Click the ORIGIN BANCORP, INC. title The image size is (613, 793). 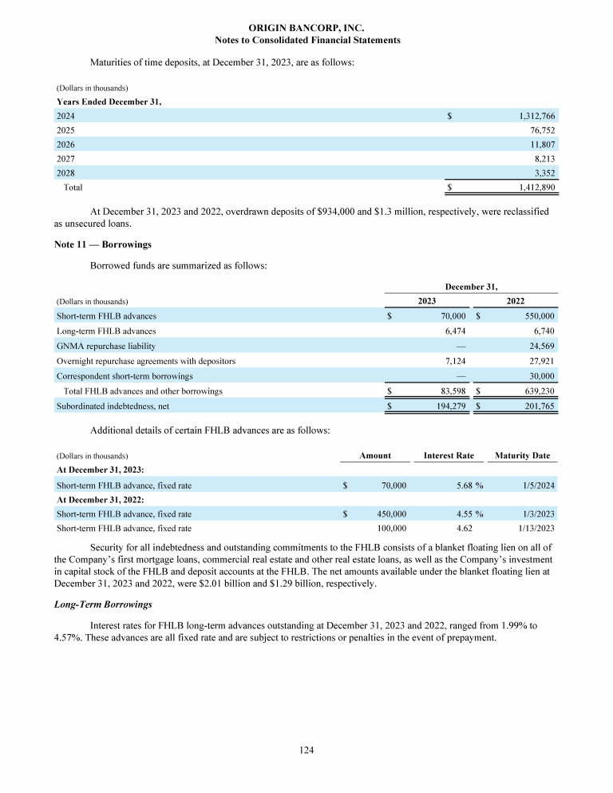(307, 27)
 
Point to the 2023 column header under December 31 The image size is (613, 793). (427, 302)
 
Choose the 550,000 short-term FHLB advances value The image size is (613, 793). (536, 316)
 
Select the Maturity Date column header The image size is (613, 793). (522, 456)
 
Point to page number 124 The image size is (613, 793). (306, 751)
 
